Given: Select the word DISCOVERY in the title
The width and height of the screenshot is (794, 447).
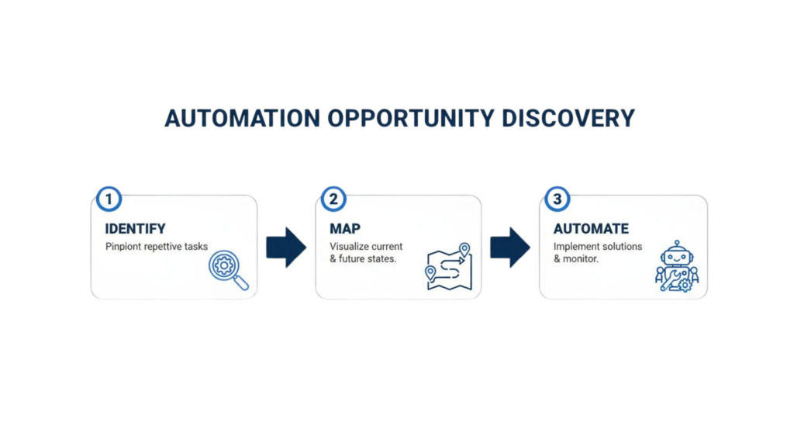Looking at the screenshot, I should pyautogui.click(x=568, y=118).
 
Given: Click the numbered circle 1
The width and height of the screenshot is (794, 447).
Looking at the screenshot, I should pyautogui.click(x=109, y=199).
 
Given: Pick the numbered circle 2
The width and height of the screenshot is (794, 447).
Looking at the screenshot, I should pyautogui.click(x=333, y=199).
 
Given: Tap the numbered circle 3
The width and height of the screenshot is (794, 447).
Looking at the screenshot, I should pyautogui.click(x=556, y=199).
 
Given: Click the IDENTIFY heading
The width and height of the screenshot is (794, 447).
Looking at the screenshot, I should pyautogui.click(x=136, y=229).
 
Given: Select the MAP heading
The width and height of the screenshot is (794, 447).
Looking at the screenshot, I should pyautogui.click(x=344, y=229).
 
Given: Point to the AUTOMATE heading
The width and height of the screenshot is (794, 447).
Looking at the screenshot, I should pyautogui.click(x=591, y=229).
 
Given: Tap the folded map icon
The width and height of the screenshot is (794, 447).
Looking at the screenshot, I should pyautogui.click(x=449, y=267).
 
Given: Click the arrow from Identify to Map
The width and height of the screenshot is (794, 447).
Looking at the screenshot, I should pyautogui.click(x=286, y=248).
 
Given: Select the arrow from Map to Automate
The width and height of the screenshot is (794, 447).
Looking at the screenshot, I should pyautogui.click(x=510, y=248).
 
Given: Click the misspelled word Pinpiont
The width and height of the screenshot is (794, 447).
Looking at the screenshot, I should pyautogui.click(x=123, y=247).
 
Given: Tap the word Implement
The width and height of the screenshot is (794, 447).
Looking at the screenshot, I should pyautogui.click(x=575, y=247).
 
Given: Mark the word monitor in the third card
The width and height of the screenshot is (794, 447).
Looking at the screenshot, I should pyautogui.click(x=582, y=258).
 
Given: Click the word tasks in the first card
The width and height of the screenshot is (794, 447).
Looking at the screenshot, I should pyautogui.click(x=194, y=247).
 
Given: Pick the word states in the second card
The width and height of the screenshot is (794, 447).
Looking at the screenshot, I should pyautogui.click(x=378, y=258).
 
